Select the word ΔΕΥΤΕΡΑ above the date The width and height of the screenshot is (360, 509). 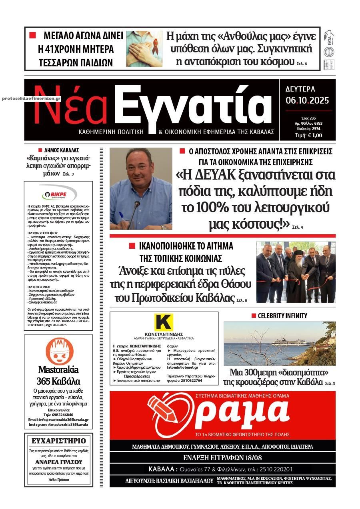(300, 89)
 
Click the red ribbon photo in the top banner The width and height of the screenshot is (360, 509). (144, 48)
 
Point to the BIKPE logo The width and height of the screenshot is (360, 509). (58, 195)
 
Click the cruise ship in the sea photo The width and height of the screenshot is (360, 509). (291, 342)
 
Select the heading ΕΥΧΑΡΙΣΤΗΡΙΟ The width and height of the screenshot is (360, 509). (58, 441)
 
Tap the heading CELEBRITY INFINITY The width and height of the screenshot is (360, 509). (282, 316)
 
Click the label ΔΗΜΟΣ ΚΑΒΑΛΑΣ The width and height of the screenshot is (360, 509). (60, 150)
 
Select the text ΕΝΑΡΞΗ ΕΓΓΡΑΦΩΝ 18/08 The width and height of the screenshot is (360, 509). (222, 458)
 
